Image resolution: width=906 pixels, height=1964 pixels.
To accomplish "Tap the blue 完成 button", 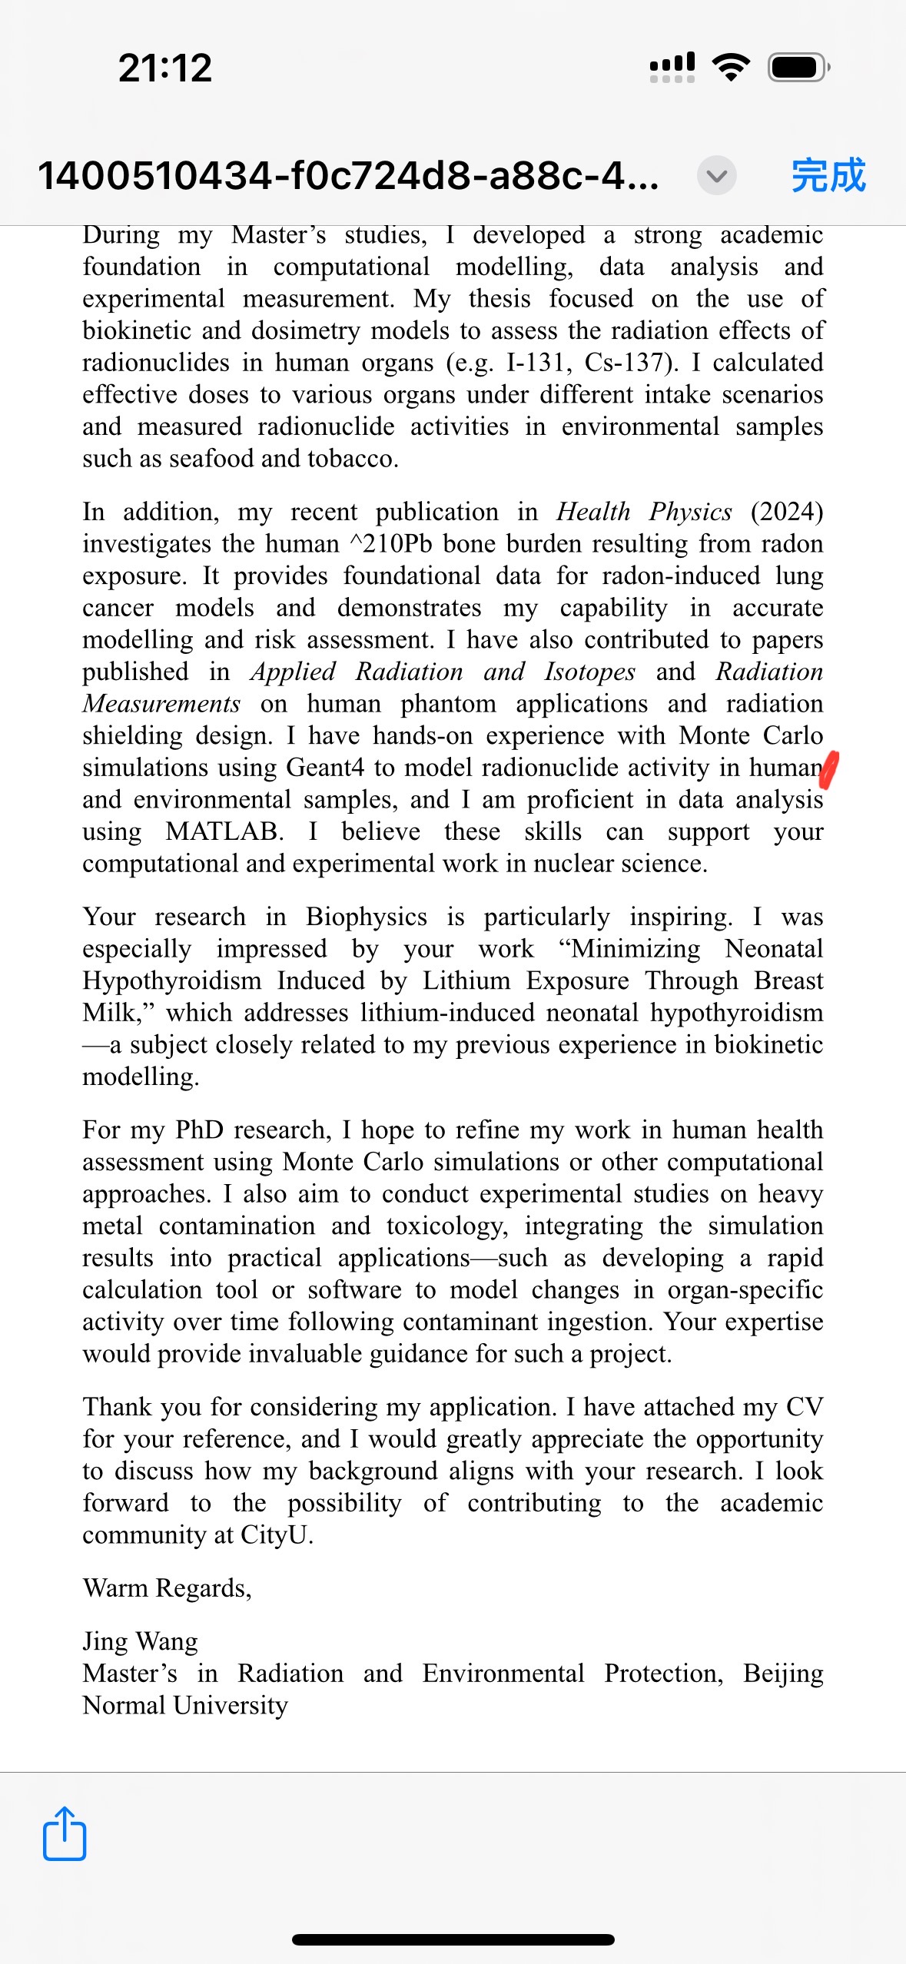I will click(828, 175).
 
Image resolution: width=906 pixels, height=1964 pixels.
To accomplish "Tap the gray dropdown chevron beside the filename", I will click(716, 176).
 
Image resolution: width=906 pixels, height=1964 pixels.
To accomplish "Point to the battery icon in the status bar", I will click(798, 68).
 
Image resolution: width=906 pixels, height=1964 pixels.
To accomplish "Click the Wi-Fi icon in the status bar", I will click(731, 68).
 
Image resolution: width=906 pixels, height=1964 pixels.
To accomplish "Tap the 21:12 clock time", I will click(165, 68).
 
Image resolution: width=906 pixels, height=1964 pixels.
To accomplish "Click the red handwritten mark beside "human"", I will click(828, 770).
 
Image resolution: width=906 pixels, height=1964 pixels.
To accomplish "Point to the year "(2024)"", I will click(786, 512).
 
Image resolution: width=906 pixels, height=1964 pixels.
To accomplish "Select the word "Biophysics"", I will click(366, 917).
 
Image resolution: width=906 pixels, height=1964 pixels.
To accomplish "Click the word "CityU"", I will click(274, 1534).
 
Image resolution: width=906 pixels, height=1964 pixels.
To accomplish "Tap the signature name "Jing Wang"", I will click(141, 1641).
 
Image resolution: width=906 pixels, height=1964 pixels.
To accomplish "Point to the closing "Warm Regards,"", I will click(168, 1587).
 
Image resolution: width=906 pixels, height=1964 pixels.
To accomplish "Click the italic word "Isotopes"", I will click(589, 672).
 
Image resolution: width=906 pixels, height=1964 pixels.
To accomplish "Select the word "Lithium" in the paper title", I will click(466, 980).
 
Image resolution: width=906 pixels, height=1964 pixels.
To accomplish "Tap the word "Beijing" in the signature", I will click(782, 1673).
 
